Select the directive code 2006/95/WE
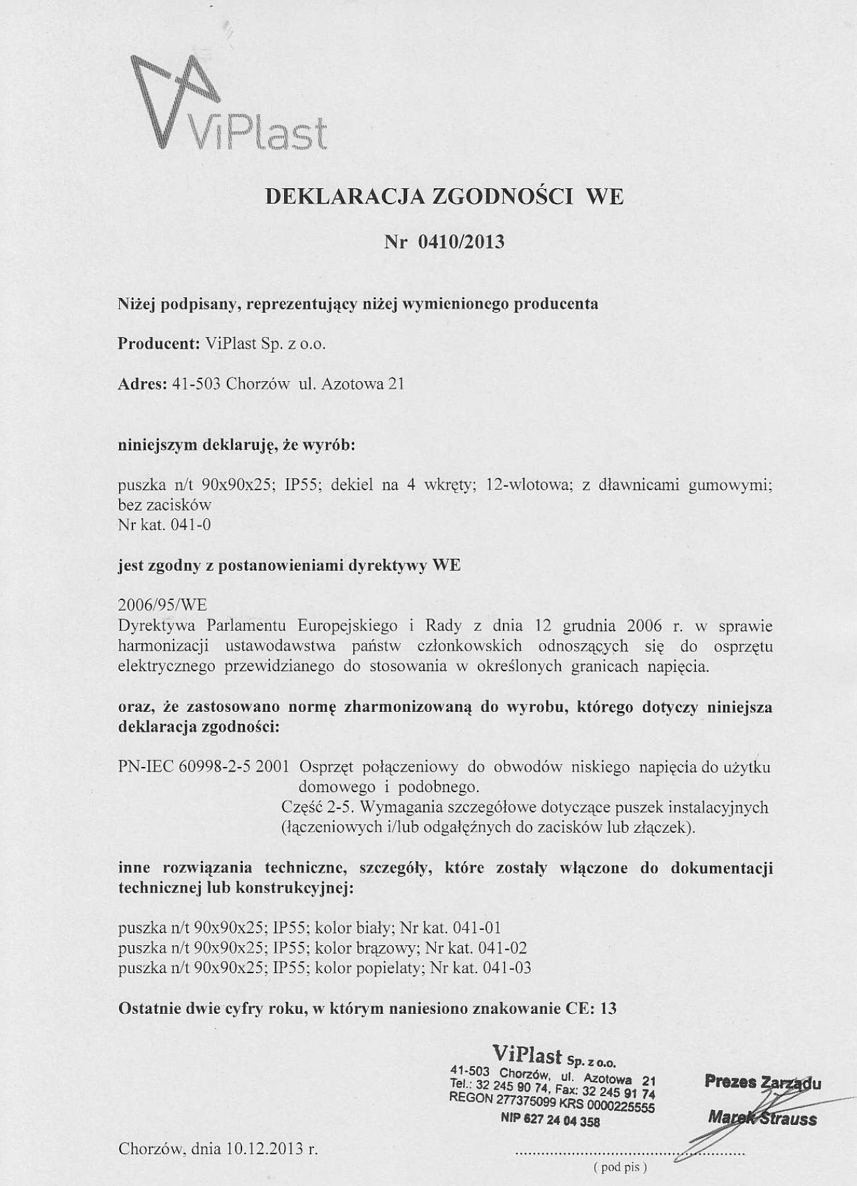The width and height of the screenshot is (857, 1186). tap(162, 605)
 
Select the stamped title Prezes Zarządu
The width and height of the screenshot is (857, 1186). tap(763, 1084)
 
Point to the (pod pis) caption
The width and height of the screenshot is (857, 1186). tap(619, 1167)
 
